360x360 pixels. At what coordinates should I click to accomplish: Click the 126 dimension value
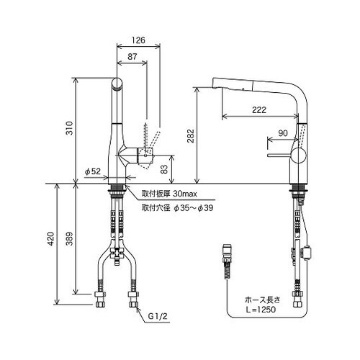[x=138, y=40]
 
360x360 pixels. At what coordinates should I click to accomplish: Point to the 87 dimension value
[x=132, y=57]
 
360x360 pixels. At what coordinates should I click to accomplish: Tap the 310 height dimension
[x=69, y=128]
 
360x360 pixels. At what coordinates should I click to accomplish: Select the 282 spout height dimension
[x=191, y=136]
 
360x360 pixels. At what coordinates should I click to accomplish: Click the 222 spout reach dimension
[x=259, y=110]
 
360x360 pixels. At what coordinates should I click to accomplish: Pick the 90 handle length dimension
[x=283, y=133]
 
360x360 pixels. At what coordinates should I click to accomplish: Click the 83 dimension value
[x=164, y=169]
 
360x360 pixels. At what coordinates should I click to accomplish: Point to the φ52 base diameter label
[x=93, y=171]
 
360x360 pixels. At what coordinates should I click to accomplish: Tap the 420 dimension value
[x=51, y=239]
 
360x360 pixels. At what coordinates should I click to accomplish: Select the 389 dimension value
[x=69, y=239]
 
